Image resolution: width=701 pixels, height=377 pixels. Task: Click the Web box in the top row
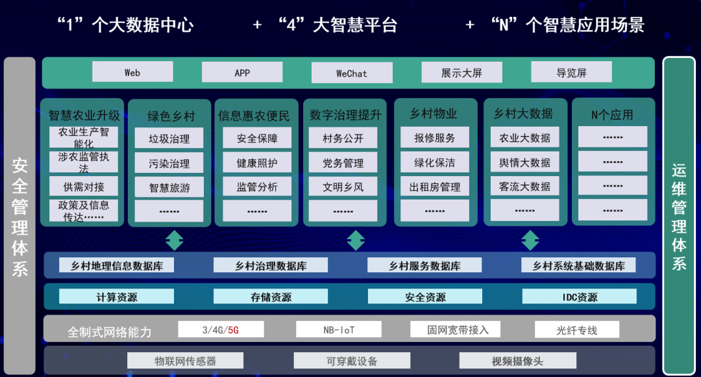pyautogui.click(x=132, y=72)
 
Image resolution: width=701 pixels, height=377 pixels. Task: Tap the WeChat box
pyautogui.click(x=352, y=73)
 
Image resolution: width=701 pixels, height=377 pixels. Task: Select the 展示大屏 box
pyautogui.click(x=461, y=72)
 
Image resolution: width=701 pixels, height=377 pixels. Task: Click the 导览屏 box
pyautogui.click(x=571, y=72)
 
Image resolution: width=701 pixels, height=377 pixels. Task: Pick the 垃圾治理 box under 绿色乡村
pyautogui.click(x=169, y=138)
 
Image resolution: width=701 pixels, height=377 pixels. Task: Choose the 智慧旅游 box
pyautogui.click(x=169, y=187)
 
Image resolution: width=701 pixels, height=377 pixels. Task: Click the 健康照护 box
pyautogui.click(x=257, y=162)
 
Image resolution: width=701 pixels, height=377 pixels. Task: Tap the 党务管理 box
pyautogui.click(x=343, y=162)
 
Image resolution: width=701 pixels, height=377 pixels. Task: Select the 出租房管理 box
pyautogui.click(x=435, y=187)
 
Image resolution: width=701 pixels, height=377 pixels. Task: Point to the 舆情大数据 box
pyautogui.click(x=524, y=162)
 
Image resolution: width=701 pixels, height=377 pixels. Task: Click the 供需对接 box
pyautogui.click(x=84, y=187)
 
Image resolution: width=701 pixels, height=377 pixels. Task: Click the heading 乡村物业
pyautogui.click(x=434, y=114)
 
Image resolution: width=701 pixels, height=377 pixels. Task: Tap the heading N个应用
pyautogui.click(x=612, y=114)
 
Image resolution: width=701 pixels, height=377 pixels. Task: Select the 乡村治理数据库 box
pyautogui.click(x=271, y=265)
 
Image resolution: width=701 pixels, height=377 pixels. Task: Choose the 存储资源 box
pyautogui.click(x=271, y=297)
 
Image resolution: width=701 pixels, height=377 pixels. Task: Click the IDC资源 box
pyautogui.click(x=580, y=297)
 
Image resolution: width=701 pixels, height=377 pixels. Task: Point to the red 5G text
pyautogui.click(x=233, y=330)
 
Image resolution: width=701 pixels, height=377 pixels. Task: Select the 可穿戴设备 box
pyautogui.click(x=352, y=361)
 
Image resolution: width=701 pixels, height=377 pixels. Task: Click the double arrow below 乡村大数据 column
pyautogui.click(x=530, y=240)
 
